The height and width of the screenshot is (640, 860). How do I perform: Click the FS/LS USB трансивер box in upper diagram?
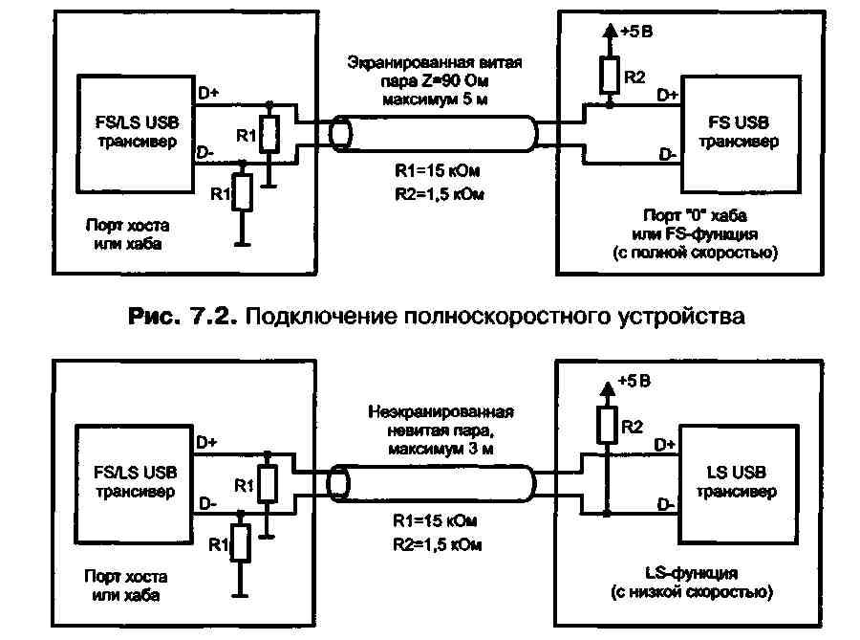pos(136,134)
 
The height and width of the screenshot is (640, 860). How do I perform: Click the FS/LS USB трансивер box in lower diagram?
pos(136,482)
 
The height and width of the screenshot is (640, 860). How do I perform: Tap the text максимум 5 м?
pos(435,99)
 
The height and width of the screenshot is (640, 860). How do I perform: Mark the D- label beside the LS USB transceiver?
pos(668,504)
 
